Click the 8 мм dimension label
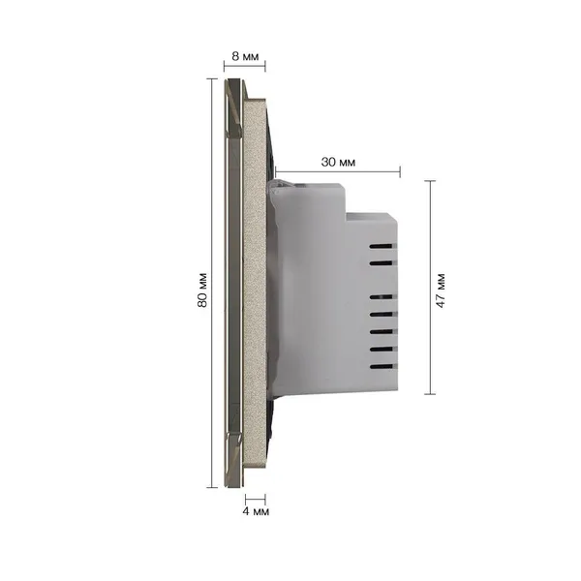(x=245, y=56)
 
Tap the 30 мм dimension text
(x=338, y=162)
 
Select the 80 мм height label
(x=202, y=290)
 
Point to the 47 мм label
(x=441, y=290)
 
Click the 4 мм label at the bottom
(x=256, y=511)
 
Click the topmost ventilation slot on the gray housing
(x=381, y=246)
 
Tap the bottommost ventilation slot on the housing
(x=381, y=367)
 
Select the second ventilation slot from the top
(x=381, y=263)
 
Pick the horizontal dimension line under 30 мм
(x=338, y=172)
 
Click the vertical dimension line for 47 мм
(x=430, y=288)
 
